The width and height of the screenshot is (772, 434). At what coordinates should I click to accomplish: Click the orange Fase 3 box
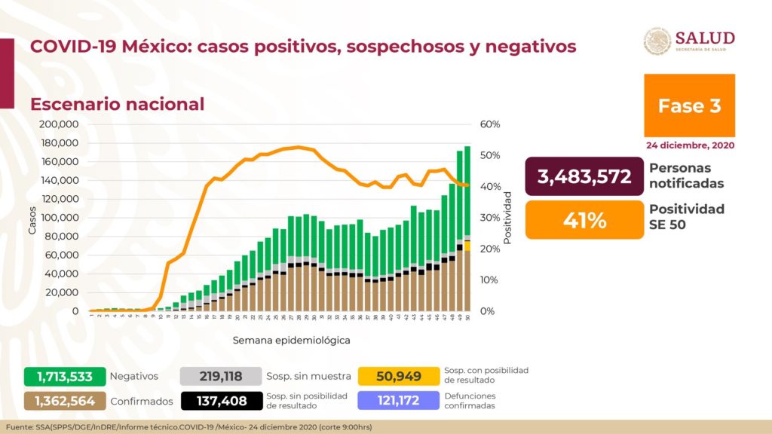689,105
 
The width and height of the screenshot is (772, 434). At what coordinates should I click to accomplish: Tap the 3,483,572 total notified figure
584,177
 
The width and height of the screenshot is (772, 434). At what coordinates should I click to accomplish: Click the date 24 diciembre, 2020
689,145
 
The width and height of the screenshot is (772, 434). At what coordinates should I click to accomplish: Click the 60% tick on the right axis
490,124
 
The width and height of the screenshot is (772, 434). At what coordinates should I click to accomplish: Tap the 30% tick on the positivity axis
490,218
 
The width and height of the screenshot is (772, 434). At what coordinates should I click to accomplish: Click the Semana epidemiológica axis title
291,340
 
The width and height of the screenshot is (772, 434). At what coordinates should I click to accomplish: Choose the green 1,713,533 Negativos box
63,376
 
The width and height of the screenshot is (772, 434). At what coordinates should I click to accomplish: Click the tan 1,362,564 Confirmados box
63,401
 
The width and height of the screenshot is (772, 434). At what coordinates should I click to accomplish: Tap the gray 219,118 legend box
219,376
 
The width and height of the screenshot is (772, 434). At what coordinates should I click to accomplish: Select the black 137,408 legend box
219,401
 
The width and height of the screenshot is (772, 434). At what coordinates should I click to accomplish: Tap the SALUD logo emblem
657,41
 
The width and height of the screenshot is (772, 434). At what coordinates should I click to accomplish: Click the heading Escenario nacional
117,104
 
